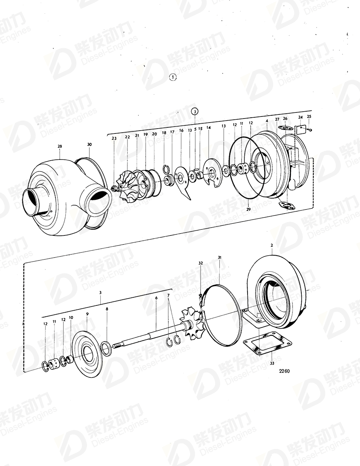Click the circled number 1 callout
click(x=173, y=78)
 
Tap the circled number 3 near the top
click(x=195, y=111)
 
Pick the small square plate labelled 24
click(x=300, y=130)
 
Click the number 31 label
click(x=220, y=258)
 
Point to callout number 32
click(x=200, y=263)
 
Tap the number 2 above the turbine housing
click(x=272, y=246)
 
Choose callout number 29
click(x=248, y=209)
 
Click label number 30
click(x=89, y=144)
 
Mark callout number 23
click(x=114, y=138)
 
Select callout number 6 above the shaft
click(x=156, y=298)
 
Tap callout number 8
click(x=107, y=309)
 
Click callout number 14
click(x=209, y=127)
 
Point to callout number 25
click(x=309, y=116)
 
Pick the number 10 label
click(x=71, y=318)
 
